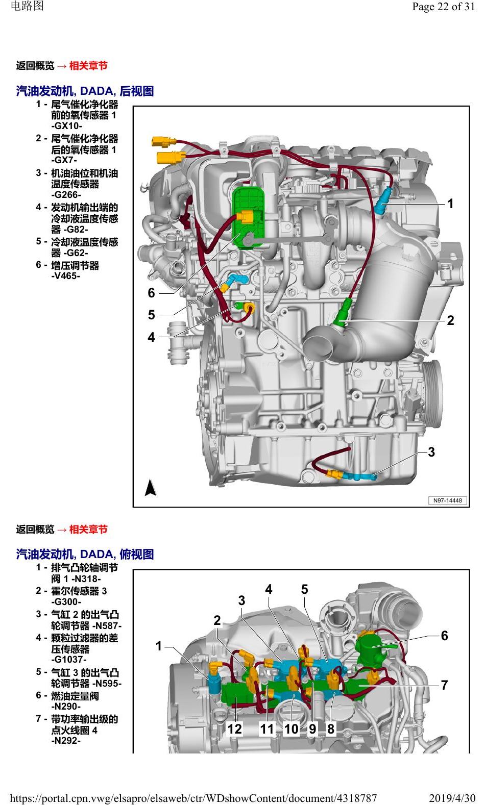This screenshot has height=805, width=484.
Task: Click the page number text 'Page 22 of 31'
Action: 443,7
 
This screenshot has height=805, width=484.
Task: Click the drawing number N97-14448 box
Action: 447,500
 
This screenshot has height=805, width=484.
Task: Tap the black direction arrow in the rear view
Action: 150,488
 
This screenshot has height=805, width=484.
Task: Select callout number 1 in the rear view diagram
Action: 450,204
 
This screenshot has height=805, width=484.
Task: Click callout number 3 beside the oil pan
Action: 431,452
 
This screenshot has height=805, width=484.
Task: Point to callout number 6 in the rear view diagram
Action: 152,293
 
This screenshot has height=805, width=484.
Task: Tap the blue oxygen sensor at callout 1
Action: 381,200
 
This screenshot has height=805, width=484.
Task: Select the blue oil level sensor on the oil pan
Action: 359,476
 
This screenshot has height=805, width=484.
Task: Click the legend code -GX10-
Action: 66,126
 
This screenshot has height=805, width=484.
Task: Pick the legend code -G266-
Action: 66,195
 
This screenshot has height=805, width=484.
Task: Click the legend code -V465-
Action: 65,276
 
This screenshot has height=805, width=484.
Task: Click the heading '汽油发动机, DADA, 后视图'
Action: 85,91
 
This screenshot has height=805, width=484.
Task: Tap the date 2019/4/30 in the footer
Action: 452,798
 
